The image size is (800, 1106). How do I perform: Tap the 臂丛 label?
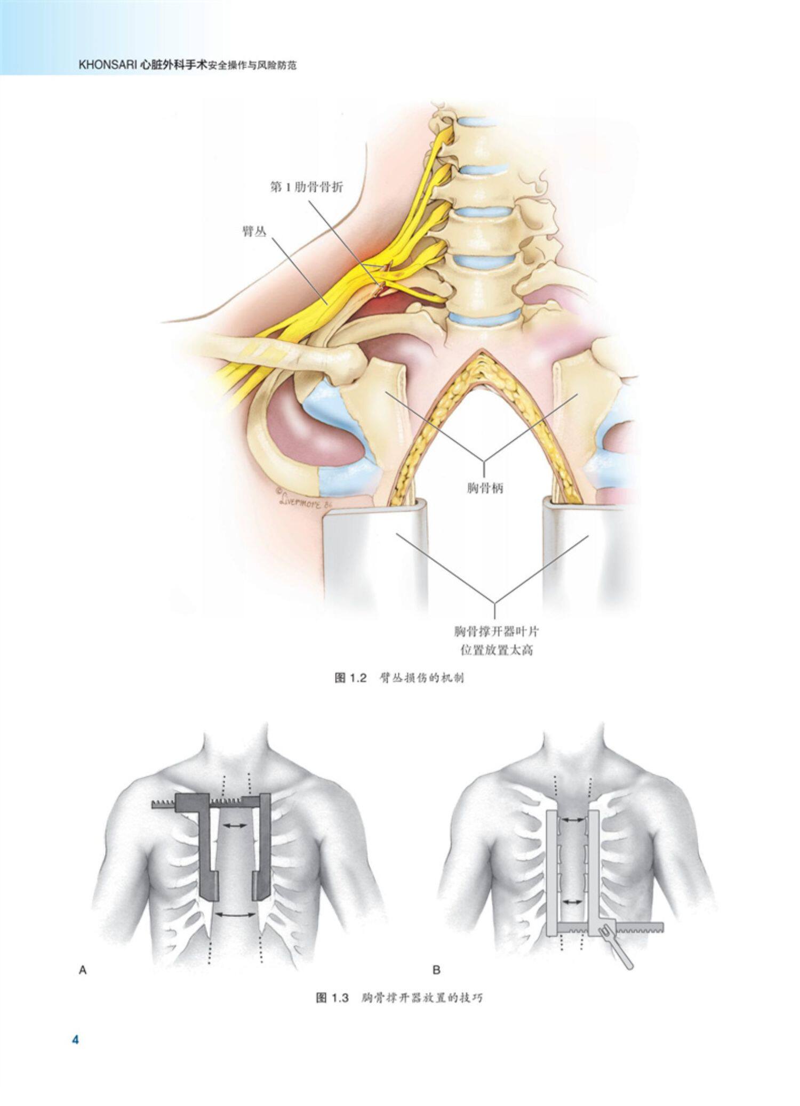[254, 231]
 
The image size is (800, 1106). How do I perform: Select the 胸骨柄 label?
[484, 487]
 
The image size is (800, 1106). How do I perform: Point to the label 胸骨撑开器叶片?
[497, 632]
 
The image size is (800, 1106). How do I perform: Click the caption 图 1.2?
[351, 678]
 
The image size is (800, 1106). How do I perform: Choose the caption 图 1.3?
[332, 998]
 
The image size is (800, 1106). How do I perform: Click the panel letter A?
[83, 971]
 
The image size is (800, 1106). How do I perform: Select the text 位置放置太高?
[497, 650]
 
